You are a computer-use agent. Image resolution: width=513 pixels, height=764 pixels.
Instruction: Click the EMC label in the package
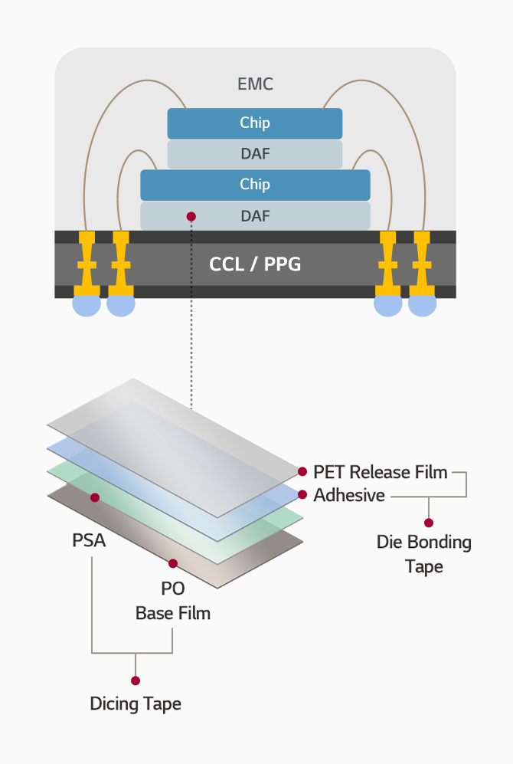pos(255,84)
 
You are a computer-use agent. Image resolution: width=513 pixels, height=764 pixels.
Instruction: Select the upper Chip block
pos(255,123)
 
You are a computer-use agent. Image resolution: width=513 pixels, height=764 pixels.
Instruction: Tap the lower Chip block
pos(255,185)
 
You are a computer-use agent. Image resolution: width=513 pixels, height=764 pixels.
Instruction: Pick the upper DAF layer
pos(255,154)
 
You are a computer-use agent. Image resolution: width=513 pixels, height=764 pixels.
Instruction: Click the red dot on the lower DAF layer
pos(191,217)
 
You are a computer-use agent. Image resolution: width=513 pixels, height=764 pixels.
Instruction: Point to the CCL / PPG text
pos(255,265)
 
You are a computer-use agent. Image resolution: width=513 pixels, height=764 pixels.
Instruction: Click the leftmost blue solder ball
pos(87,305)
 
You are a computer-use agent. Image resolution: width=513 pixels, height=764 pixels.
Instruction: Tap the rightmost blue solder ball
pos(422,305)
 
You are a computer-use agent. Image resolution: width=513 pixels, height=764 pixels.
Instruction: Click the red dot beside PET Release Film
pos(302,471)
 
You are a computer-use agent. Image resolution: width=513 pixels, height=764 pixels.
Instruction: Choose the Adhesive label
pos(348,495)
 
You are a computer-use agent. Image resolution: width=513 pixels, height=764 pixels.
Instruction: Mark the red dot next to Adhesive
pos(302,494)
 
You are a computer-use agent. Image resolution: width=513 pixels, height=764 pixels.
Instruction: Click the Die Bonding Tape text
pos(423,554)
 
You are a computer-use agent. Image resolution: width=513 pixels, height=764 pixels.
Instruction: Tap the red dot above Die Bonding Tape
pos(429,523)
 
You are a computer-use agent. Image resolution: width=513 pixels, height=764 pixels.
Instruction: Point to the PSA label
pos(89,540)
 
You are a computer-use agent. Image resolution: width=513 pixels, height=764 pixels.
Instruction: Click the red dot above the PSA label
pos(95,497)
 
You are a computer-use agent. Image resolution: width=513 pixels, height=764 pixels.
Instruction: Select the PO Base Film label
pos(173,602)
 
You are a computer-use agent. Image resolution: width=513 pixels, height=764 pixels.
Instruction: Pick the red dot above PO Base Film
pos(173,563)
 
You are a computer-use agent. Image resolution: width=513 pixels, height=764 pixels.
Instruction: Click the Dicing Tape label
pos(136,703)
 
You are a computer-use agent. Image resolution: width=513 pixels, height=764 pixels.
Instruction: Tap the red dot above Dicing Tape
pos(136,680)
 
